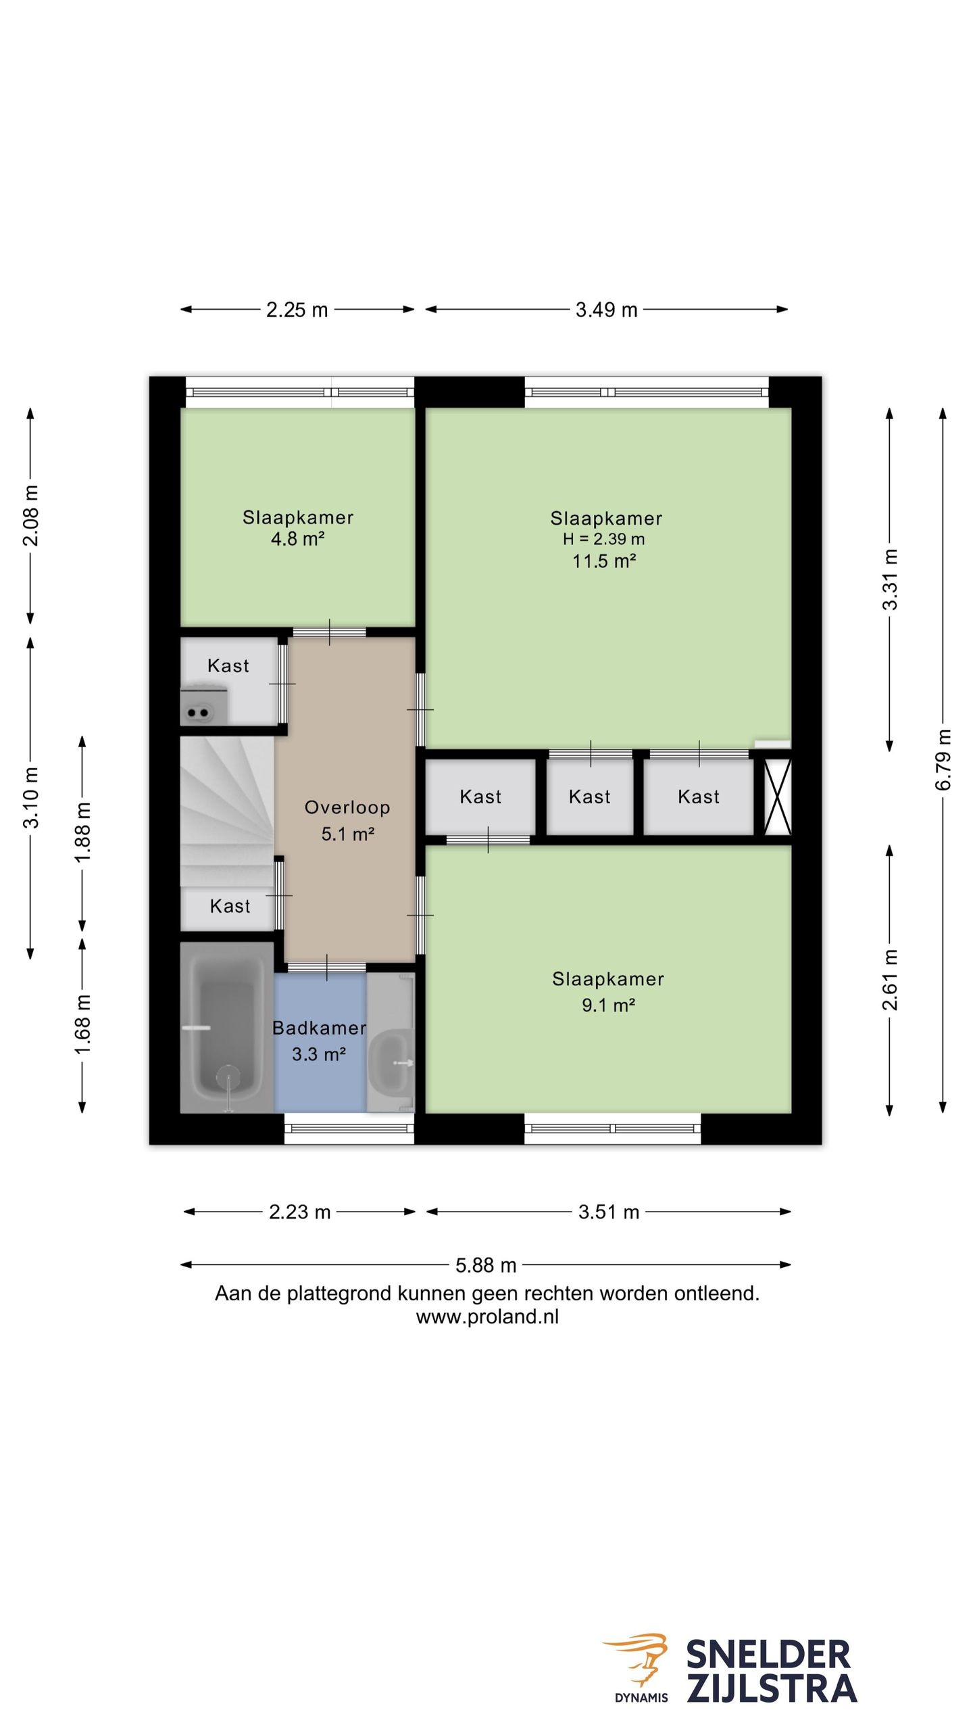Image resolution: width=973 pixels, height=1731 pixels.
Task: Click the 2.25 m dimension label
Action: pyautogui.click(x=297, y=310)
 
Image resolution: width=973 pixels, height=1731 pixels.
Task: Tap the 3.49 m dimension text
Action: pyautogui.click(x=606, y=310)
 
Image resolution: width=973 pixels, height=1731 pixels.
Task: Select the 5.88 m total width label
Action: pyautogui.click(x=486, y=1264)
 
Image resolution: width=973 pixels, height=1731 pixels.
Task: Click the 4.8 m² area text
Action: pyautogui.click(x=297, y=539)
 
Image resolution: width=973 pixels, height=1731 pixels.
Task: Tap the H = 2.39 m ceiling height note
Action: pyautogui.click(x=604, y=539)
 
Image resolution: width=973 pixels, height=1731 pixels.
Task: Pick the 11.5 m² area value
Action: pyautogui.click(x=604, y=561)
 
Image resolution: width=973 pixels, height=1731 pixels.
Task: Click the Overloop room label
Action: pyautogui.click(x=347, y=807)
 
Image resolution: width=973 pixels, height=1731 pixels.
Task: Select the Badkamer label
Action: pyautogui.click(x=319, y=1028)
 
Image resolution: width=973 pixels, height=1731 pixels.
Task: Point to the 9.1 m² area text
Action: pyautogui.click(x=608, y=1005)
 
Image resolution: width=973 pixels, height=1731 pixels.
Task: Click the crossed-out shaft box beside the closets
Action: pyautogui.click(x=777, y=797)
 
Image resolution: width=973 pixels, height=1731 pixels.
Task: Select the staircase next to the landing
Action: pyautogui.click(x=227, y=811)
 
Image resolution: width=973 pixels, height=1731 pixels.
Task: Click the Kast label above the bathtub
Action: pyautogui.click(x=230, y=906)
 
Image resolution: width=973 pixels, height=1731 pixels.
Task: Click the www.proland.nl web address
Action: pyautogui.click(x=487, y=1317)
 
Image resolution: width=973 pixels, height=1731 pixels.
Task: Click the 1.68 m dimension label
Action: pyautogui.click(x=82, y=1025)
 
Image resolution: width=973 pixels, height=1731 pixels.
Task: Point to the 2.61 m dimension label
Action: pyautogui.click(x=890, y=979)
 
